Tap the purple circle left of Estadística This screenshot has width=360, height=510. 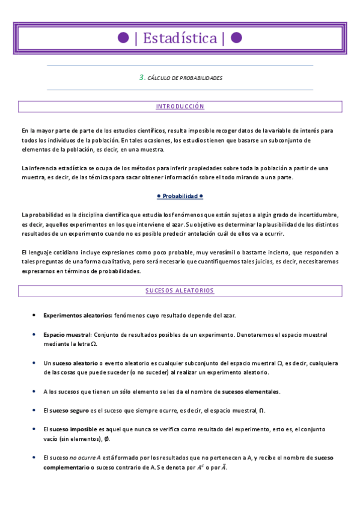coord(123,38)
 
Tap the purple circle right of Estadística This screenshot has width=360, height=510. coord(236,38)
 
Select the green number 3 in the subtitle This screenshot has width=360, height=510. coord(141,78)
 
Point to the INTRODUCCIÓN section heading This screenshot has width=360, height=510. coord(180,106)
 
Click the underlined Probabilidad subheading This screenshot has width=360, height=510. coord(180,196)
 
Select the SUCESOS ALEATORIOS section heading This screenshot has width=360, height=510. coord(180,290)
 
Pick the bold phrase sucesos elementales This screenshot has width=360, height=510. coord(250,392)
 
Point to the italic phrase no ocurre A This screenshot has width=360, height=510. coord(87,458)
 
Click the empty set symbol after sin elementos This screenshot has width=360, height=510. coord(107,438)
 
